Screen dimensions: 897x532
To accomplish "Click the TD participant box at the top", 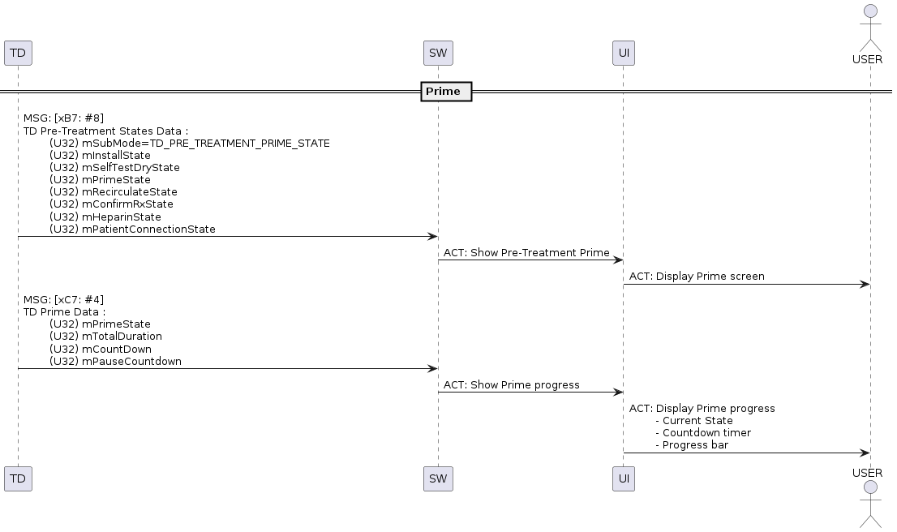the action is pyautogui.click(x=18, y=54).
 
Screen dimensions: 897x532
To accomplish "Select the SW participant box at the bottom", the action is pyautogui.click(x=438, y=478).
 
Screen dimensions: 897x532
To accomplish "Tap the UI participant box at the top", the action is pyautogui.click(x=624, y=54).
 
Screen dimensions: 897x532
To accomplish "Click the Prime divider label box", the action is pyautogui.click(x=446, y=92).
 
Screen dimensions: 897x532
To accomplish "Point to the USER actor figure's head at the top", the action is pyautogui.click(x=871, y=11).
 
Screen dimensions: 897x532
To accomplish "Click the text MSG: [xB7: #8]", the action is pyautogui.click(x=63, y=118).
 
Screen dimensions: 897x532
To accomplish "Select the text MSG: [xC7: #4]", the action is pyautogui.click(x=63, y=300).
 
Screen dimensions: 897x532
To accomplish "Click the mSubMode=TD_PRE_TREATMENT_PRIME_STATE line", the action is pyautogui.click(x=189, y=144).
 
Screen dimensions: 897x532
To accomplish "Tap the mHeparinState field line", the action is pyautogui.click(x=105, y=217).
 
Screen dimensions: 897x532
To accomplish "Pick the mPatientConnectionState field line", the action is pyautogui.click(x=132, y=230).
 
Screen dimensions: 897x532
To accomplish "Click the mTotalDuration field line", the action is pyautogui.click(x=105, y=337).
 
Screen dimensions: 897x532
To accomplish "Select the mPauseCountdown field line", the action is pyautogui.click(x=115, y=362).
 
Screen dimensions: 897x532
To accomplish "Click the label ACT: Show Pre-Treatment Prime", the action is pyautogui.click(x=526, y=253).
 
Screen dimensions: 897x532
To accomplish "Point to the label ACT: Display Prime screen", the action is pyautogui.click(x=697, y=277).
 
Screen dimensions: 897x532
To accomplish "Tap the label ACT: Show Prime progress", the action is pyautogui.click(x=512, y=385).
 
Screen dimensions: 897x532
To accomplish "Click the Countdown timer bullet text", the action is pyautogui.click(x=703, y=433).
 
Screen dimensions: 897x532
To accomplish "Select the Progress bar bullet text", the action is pyautogui.click(x=692, y=445).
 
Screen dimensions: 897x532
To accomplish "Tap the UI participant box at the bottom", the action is pyautogui.click(x=624, y=478).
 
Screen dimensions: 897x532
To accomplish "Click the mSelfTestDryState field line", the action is pyautogui.click(x=114, y=168).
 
